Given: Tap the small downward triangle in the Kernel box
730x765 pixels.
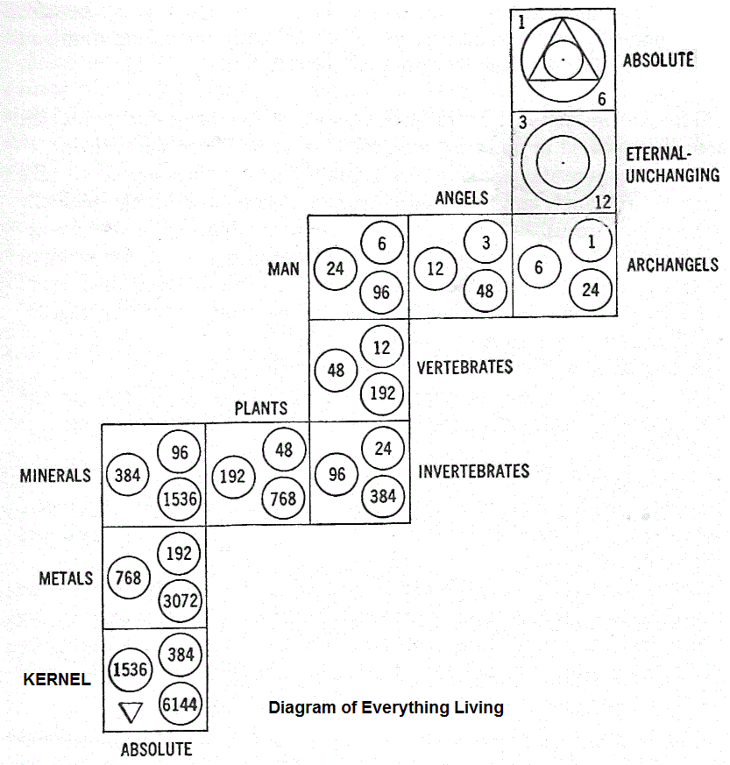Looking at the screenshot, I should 129,712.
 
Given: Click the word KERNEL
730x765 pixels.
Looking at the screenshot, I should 56,679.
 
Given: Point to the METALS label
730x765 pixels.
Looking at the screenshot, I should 66,578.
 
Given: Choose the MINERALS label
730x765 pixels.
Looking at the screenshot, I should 55,476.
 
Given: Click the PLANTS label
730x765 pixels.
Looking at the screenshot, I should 260,408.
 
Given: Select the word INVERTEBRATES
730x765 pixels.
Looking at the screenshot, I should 474,471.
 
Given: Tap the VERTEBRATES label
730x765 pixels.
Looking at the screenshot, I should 465,366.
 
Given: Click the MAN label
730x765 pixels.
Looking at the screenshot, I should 283,268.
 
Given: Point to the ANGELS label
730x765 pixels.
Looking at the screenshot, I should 461,198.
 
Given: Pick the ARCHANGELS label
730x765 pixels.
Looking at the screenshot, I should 673,265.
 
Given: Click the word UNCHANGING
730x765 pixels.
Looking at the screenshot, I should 672,174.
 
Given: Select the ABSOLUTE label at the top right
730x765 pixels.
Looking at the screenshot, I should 658,60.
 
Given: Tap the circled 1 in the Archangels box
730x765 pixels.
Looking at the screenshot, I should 592,242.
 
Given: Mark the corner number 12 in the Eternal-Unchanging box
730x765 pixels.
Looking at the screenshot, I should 602,202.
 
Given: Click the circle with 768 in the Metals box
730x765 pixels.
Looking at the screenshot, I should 129,578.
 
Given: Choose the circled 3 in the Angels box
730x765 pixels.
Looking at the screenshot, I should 485,242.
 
